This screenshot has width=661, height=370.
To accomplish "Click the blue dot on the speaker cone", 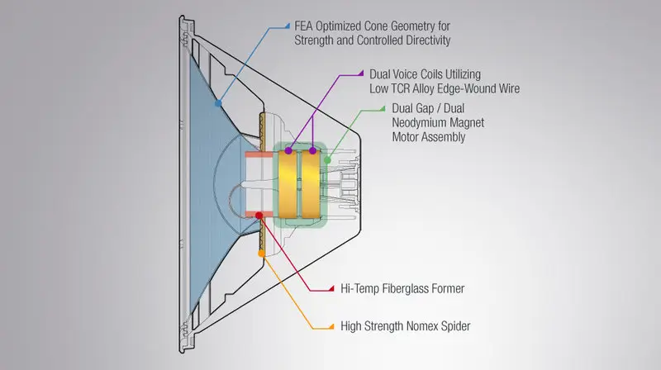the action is click(x=218, y=103).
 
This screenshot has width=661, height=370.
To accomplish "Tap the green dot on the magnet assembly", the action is click(x=327, y=160).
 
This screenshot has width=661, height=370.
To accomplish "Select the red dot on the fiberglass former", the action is click(x=259, y=216).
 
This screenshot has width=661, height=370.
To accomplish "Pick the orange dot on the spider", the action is click(x=261, y=254).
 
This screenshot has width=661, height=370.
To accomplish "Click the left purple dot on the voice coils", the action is click(x=288, y=150).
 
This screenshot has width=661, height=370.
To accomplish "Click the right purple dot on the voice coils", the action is click(x=312, y=150).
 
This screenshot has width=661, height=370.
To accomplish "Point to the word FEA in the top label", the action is click(x=303, y=26).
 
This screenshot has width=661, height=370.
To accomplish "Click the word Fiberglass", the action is click(x=407, y=289).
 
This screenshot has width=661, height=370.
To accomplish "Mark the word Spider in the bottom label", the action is click(x=456, y=326).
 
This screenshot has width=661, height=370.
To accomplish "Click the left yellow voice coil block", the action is click(x=288, y=184).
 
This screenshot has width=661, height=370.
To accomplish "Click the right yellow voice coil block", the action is click(x=311, y=184).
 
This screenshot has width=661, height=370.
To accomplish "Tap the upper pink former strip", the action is click(x=259, y=154).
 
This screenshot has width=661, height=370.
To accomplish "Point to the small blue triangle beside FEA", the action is click(x=288, y=26).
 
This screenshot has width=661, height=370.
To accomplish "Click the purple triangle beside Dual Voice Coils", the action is click(x=360, y=74).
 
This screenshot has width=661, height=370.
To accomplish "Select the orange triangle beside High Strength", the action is click(x=331, y=326).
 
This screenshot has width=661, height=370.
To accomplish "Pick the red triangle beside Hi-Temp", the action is click(x=331, y=289).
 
